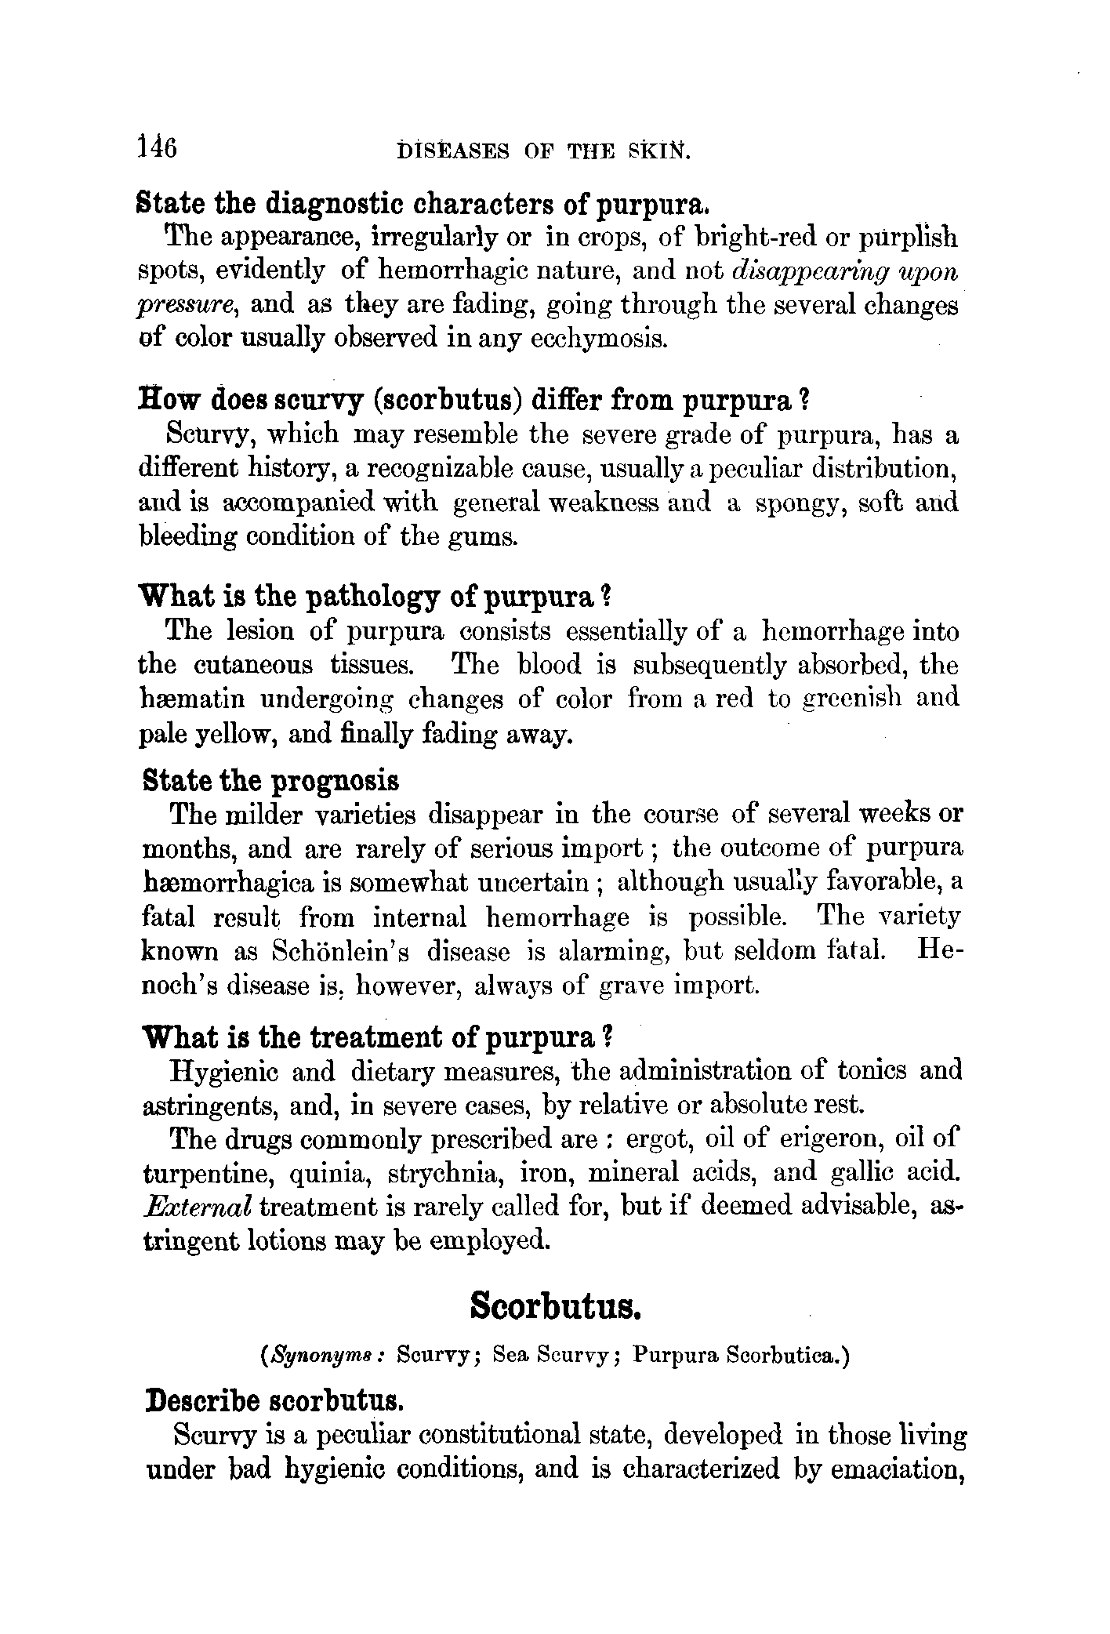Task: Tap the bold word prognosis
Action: [x=335, y=781]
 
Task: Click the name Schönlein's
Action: [x=344, y=952]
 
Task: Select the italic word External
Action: [x=198, y=1207]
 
